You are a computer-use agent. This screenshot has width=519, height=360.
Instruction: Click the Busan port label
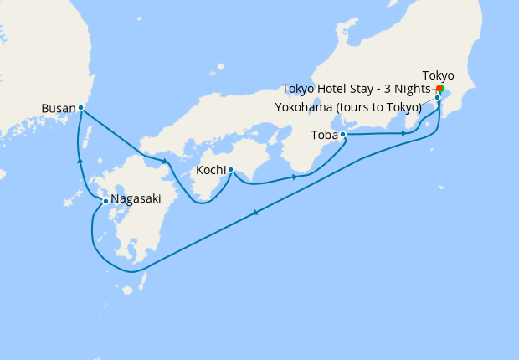coord(59,108)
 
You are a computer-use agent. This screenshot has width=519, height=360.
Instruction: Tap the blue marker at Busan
coord(80,107)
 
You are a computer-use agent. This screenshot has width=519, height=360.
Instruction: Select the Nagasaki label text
coord(136,198)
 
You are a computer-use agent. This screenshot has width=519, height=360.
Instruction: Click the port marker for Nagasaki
coord(105,201)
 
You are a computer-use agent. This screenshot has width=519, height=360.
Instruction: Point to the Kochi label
coord(210,170)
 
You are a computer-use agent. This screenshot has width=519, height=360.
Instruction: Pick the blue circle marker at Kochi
coord(230,170)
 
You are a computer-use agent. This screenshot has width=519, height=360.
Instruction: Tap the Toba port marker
coord(342,134)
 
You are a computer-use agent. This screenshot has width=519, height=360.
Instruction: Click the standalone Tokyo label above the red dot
coord(439,75)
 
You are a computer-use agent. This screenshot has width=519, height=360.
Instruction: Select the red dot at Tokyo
coord(440,88)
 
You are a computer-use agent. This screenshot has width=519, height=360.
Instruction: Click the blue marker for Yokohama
coord(437,97)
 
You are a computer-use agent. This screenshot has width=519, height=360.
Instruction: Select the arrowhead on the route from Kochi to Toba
coord(295,177)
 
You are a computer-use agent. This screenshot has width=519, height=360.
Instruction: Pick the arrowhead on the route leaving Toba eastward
coord(404,132)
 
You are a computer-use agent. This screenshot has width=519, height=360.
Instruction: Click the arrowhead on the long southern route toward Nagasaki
coord(254,213)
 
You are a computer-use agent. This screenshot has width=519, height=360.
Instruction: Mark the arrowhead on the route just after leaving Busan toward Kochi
coord(166,161)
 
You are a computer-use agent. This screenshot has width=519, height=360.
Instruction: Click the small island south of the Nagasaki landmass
coord(128,291)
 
